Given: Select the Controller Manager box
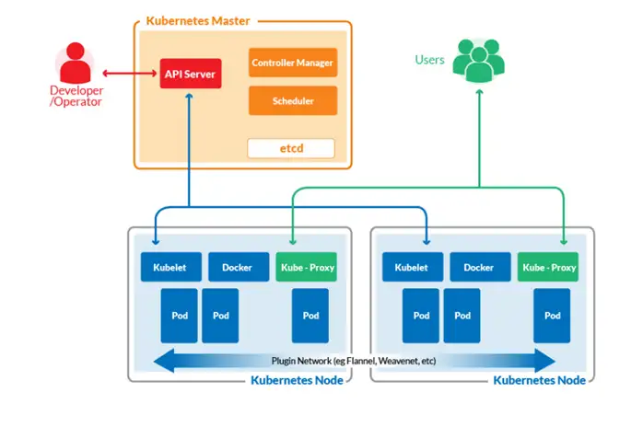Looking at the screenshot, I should pos(292,63).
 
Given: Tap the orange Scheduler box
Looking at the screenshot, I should pos(292,100).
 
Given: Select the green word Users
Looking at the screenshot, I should pos(429,61).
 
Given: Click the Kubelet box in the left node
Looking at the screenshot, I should pos(170,267).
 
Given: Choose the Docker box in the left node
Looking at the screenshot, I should pos(238,267).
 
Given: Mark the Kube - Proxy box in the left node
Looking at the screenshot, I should pos(307,267).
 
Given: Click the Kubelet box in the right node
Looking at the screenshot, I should pos(413,267).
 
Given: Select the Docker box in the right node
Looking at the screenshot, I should pos(479,267).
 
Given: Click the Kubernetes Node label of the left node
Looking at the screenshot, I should pos(297,379).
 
